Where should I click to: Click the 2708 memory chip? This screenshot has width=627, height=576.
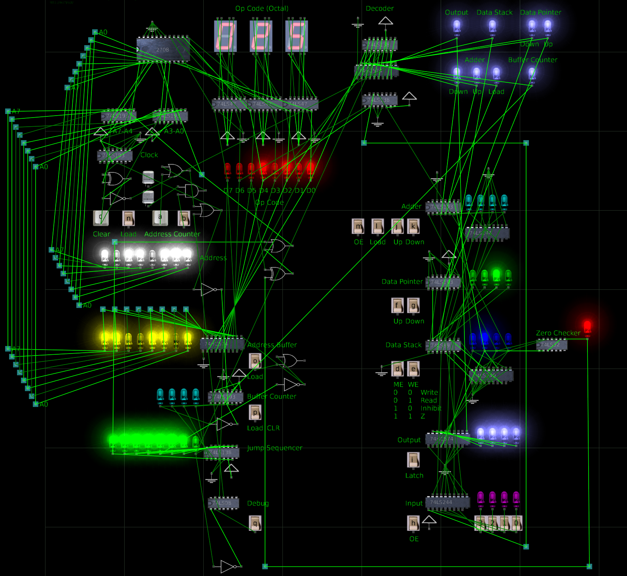coord(163,49)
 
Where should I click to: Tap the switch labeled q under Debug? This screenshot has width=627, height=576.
coord(255,523)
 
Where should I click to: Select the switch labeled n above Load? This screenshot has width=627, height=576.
coord(129,218)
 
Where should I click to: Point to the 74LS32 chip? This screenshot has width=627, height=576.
coord(551,345)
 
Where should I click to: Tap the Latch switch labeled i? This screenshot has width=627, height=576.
coord(413,460)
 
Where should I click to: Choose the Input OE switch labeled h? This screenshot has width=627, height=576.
coord(413,523)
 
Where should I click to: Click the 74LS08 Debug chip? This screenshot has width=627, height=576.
coord(223,503)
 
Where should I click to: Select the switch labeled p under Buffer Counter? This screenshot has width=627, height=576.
coord(255,412)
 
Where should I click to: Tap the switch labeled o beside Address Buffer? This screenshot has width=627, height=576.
coord(255,361)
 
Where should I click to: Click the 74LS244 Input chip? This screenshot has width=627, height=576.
coord(447,502)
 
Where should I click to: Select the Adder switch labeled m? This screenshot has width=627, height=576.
coord(358,226)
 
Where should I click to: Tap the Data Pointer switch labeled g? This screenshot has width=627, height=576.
coord(413,305)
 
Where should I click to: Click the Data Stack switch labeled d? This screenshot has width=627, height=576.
coord(398,369)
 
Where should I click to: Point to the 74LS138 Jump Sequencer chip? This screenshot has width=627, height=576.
coord(222,452)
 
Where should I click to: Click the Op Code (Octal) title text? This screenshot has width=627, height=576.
coord(261,8)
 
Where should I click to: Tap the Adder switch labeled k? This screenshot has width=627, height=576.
coord(413,226)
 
